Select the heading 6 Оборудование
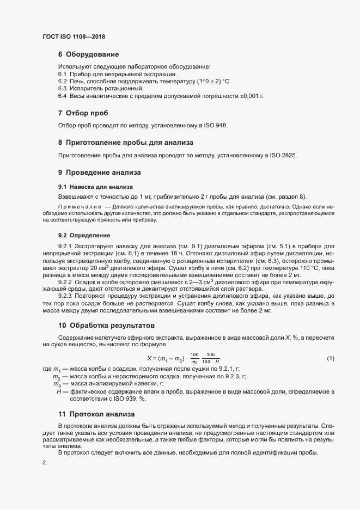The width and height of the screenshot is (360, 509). [88, 54]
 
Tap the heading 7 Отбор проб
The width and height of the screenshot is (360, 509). [83, 113]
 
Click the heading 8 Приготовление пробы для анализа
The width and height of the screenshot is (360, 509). [125, 143]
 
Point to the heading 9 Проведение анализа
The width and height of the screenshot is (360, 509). [99, 173]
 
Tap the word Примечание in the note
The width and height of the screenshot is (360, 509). [80, 207]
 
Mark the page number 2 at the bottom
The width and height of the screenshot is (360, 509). [44, 463]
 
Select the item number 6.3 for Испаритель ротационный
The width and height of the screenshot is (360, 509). [62, 88]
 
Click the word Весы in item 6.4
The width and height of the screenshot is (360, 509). [79, 96]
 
